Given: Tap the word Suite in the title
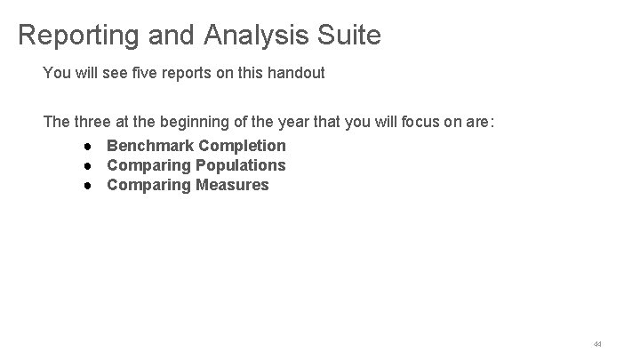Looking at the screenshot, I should (348, 36).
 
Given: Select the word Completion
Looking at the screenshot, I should (243, 145).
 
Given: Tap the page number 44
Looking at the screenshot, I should (597, 343).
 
